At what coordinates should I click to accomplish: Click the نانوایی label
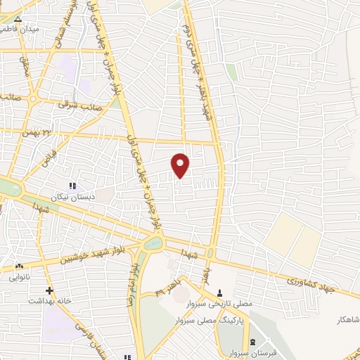(x=19, y=278)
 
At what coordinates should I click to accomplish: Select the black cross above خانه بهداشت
(x=49, y=290)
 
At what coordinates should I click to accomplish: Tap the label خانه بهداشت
(x=46, y=301)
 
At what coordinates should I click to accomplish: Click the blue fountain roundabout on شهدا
(x=150, y=243)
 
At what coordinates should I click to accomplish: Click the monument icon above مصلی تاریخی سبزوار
(x=219, y=292)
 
